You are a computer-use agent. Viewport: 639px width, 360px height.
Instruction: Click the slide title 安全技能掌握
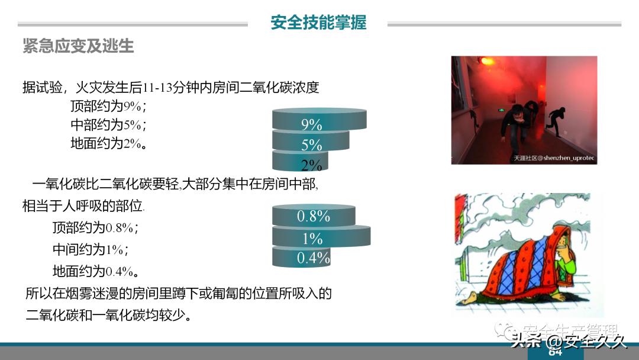(318, 22)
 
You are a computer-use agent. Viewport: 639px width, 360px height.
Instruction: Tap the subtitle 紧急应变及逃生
(78, 46)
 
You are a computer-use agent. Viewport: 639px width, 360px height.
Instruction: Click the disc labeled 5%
(311, 142)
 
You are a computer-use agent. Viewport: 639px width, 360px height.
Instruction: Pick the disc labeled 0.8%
(314, 216)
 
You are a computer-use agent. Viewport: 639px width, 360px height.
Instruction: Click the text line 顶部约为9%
(108, 107)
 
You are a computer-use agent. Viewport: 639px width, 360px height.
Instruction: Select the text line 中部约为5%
(108, 125)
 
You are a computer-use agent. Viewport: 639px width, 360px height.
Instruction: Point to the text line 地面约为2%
(108, 143)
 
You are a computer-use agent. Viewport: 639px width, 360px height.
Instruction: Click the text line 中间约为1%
(91, 249)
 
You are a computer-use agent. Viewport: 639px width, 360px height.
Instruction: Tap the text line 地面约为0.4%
(95, 271)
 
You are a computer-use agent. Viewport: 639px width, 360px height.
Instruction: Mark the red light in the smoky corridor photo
(487, 61)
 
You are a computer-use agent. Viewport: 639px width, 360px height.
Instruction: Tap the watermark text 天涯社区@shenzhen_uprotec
(554, 158)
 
